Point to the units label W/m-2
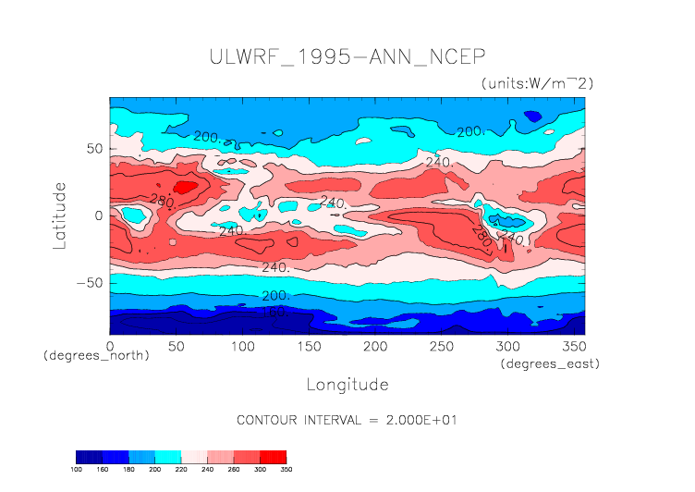tap(537, 83)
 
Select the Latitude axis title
tap(59, 215)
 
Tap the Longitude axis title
tap(347, 384)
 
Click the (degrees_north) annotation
tap(96, 355)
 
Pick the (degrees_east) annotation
tap(550, 364)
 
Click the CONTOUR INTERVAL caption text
tap(347, 420)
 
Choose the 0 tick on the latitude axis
tap(97, 215)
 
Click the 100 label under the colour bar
tap(77, 470)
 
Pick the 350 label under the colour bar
tap(287, 470)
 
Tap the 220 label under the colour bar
tap(181, 470)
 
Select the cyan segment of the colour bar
tap(168, 457)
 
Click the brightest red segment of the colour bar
tap(273, 457)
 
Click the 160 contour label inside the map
tap(274, 313)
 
